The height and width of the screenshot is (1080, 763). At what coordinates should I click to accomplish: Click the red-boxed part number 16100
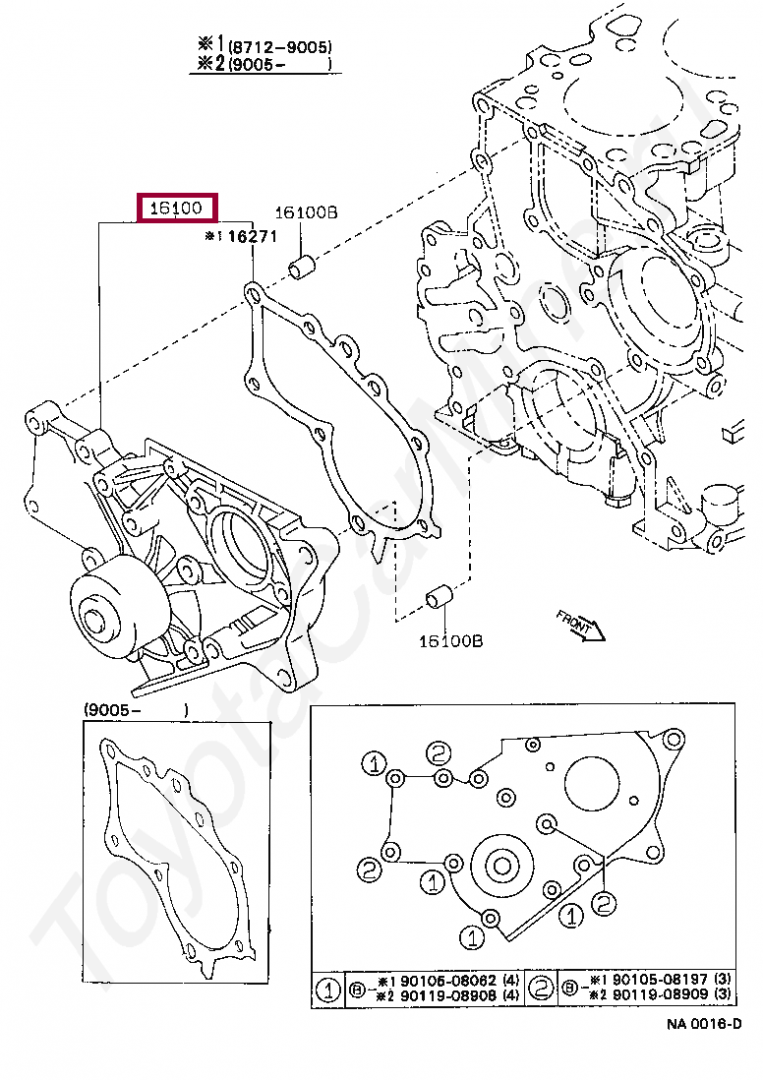click(x=176, y=209)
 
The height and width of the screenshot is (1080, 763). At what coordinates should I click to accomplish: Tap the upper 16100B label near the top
click(x=306, y=211)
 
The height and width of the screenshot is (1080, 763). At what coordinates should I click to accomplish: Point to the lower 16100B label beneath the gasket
click(x=450, y=641)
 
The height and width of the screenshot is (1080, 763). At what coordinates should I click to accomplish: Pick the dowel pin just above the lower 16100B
click(x=438, y=597)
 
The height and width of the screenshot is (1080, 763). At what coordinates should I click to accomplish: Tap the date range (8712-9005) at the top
click(x=280, y=46)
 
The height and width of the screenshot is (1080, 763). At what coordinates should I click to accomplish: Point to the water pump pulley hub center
click(x=96, y=622)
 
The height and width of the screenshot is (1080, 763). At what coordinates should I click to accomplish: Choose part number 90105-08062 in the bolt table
click(x=443, y=981)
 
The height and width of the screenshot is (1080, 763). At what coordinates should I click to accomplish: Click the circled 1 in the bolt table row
click(x=327, y=989)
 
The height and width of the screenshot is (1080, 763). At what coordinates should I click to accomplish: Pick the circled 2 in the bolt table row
click(x=541, y=989)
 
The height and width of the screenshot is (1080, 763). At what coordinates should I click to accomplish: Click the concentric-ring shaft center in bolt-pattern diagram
click(x=502, y=867)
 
